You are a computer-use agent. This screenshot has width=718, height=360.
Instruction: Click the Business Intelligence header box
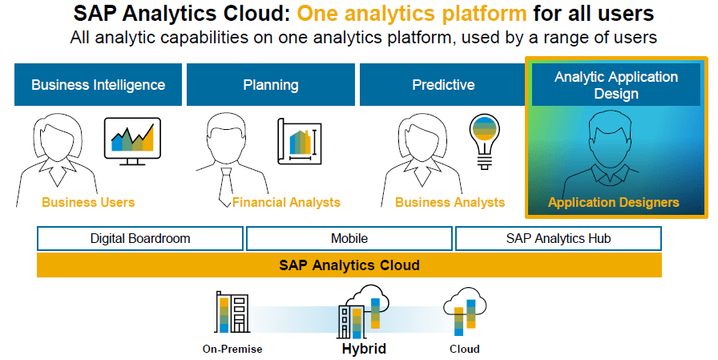coord(98,85)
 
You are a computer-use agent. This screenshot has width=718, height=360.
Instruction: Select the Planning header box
coord(271,85)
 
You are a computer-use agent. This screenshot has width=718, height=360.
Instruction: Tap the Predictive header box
coord(443,85)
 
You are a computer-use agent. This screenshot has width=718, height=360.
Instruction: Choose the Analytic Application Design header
coord(616,85)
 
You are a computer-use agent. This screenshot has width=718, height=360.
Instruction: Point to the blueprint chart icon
coord(300,142)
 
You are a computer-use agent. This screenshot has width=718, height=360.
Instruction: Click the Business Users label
coord(88,202)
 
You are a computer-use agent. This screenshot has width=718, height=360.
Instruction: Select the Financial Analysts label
coord(286,202)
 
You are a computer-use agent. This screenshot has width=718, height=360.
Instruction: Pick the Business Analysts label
coord(450,202)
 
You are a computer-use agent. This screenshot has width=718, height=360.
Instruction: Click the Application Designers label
coord(614,202)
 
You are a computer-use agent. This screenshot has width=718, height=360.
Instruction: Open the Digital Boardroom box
coord(140,239)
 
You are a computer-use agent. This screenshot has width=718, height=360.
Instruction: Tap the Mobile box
coord(349,239)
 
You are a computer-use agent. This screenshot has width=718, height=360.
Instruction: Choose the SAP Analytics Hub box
coord(559,239)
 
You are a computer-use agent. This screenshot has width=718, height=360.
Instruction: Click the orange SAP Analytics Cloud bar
coord(349,265)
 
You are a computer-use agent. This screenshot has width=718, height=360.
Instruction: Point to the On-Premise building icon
coord(232,313)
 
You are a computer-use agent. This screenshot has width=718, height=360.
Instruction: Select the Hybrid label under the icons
coord(364,349)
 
